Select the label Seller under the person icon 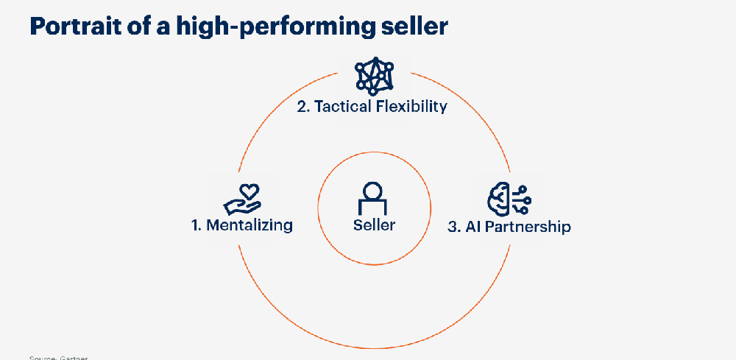click(x=374, y=225)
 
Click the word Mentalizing click(x=250, y=225)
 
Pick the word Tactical click(x=340, y=106)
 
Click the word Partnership click(x=528, y=227)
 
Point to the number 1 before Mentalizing click(x=196, y=225)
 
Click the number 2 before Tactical click(x=302, y=106)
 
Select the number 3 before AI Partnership click(x=453, y=227)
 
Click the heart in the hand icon click(x=250, y=191)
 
